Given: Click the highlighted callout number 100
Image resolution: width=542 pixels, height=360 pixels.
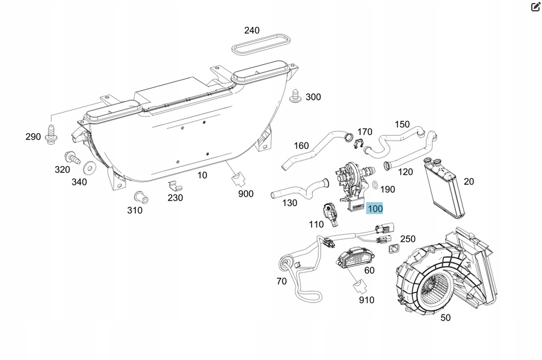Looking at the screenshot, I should coord(374,209).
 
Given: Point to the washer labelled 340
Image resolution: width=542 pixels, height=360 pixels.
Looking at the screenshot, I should coord(89,165).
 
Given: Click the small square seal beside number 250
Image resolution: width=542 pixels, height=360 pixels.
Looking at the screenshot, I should coord(394,249).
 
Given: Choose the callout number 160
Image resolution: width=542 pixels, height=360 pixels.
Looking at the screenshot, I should coord(301,145).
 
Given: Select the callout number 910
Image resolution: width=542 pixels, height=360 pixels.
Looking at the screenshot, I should coord(366,299).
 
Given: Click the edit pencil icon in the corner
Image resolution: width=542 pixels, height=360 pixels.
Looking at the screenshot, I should coord(535,7).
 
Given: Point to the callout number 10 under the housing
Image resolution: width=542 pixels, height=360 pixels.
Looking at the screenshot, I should coord(202,175).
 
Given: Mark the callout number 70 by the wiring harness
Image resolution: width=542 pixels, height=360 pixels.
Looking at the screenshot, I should coord(281,281).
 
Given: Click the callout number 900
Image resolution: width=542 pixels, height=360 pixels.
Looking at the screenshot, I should coord(245,193).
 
